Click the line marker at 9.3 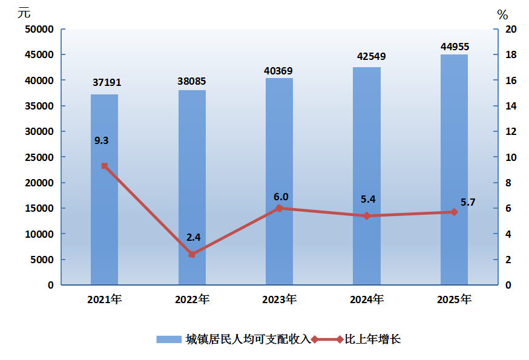pyautogui.click(x=105, y=166)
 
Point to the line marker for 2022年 pyautogui.click(x=192, y=254)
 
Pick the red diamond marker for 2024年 pyautogui.click(x=367, y=216)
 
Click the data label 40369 pyautogui.click(x=278, y=71)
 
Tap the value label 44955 pyautogui.click(x=455, y=47)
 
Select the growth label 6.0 pyautogui.click(x=281, y=197)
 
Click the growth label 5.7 pyautogui.click(x=468, y=203)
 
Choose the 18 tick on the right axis pyautogui.click(x=510, y=55)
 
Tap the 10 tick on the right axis pyautogui.click(x=510, y=157)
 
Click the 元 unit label pyautogui.click(x=24, y=12)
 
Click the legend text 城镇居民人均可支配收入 pyautogui.click(x=248, y=339)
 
